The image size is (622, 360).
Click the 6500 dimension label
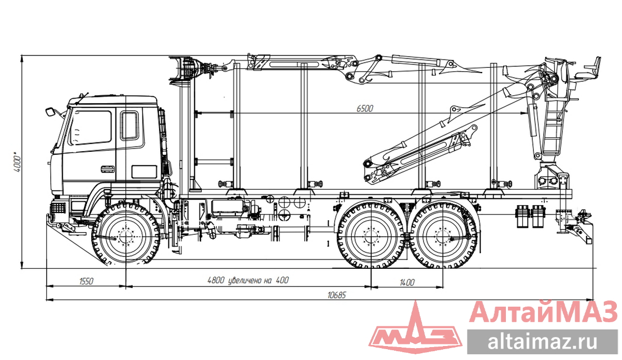point(364,109)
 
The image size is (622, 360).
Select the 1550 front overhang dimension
point(86,281)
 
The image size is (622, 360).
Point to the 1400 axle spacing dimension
point(407,282)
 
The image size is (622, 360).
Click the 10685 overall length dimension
point(336,295)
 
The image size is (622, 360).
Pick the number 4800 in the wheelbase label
point(216,280)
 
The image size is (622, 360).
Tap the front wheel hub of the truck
point(126,237)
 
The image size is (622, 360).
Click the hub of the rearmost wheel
point(444,237)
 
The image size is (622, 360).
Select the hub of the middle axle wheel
point(371,237)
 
